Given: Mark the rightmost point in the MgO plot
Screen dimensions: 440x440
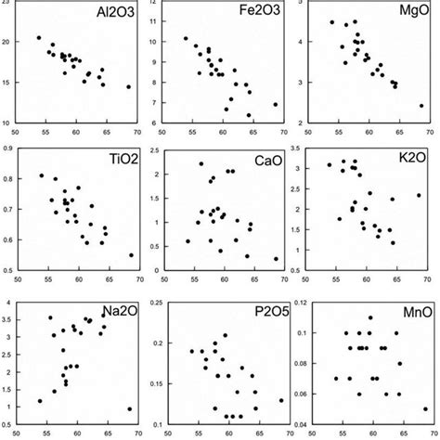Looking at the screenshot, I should [421, 106].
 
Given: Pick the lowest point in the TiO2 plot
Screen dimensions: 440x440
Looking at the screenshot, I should [131, 255].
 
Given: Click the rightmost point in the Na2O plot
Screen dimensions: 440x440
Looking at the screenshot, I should [129, 408].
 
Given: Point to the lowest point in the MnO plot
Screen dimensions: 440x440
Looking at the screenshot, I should [425, 408].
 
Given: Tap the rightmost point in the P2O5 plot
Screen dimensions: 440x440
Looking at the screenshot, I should [280, 401].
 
